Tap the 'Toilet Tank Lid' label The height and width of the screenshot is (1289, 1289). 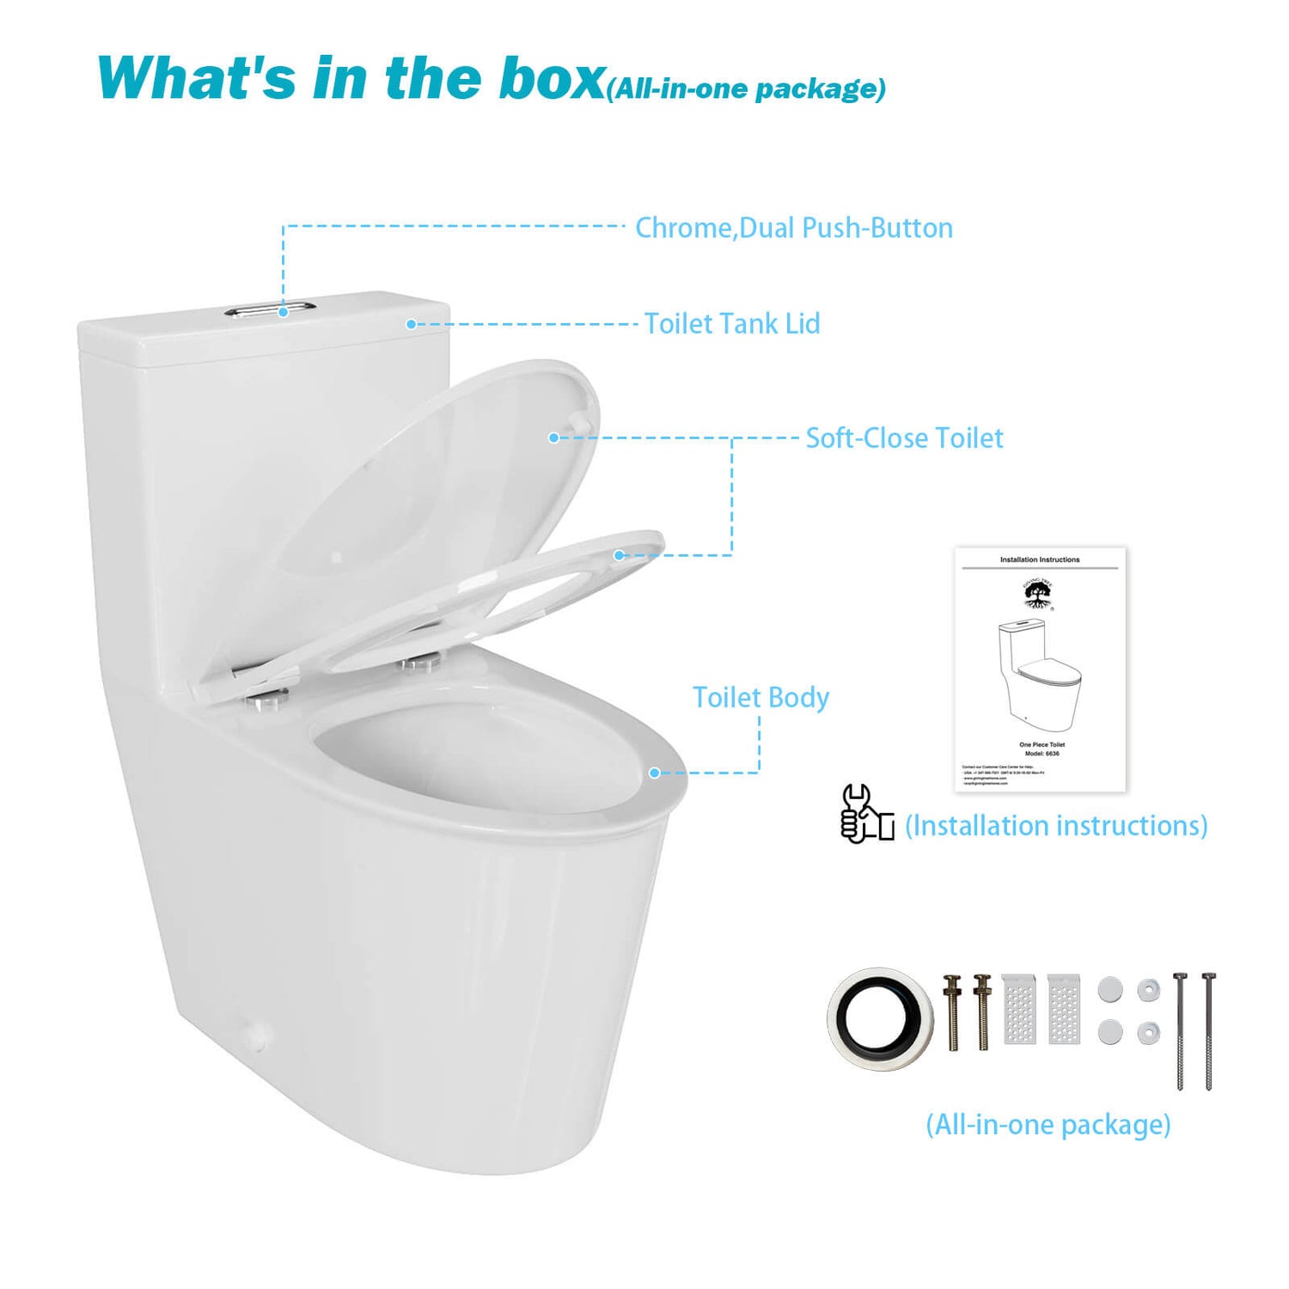pyautogui.click(x=732, y=324)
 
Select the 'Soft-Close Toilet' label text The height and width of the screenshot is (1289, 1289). pyautogui.click(x=904, y=438)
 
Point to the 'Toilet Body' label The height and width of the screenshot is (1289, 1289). pyautogui.click(x=761, y=698)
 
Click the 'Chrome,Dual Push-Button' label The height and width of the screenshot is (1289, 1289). pyautogui.click(x=793, y=228)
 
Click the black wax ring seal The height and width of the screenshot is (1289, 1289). pyautogui.click(x=879, y=1018)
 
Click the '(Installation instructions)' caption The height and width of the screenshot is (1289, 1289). pyautogui.click(x=1056, y=826)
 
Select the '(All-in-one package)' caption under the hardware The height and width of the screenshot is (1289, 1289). pyautogui.click(x=1048, y=1124)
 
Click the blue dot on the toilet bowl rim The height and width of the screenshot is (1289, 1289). pyautogui.click(x=655, y=773)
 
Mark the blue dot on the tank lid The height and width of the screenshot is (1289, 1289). pyautogui.click(x=411, y=324)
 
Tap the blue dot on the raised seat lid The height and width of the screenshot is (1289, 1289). pyautogui.click(x=554, y=437)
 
